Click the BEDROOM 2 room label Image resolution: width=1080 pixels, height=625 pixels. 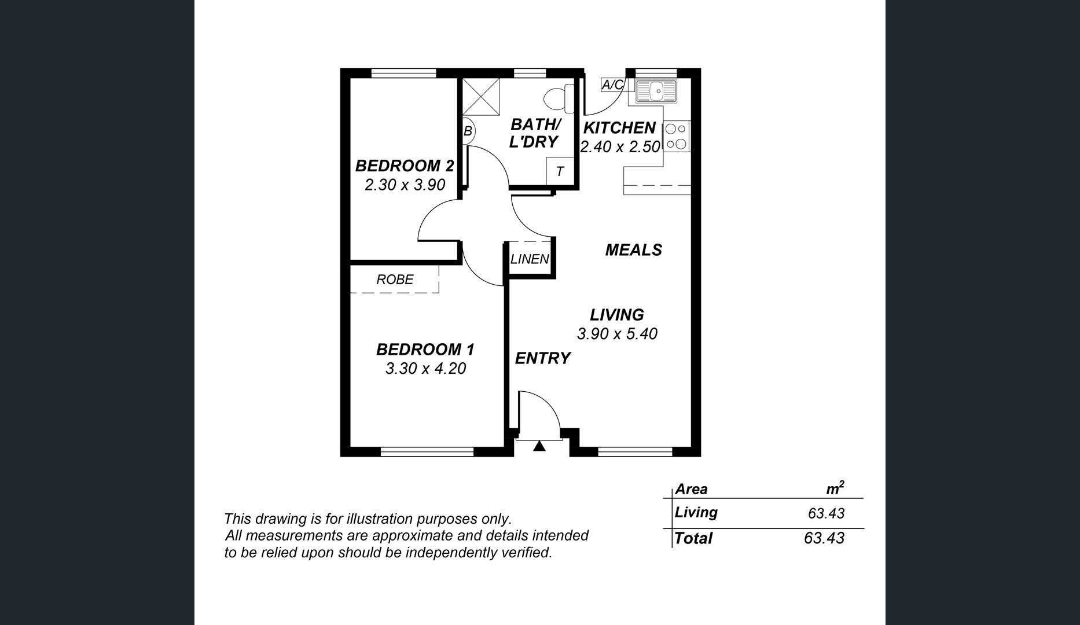point(405,166)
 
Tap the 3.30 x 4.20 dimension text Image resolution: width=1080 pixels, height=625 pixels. point(425,369)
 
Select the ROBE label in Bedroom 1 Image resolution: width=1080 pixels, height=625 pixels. point(395,280)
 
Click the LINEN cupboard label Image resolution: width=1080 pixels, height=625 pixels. point(530,259)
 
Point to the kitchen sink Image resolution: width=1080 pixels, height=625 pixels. point(656,91)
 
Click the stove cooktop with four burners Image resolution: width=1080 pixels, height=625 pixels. point(676,137)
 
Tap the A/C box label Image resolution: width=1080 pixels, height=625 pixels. point(613,85)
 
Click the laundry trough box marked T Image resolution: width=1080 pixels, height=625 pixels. point(560,171)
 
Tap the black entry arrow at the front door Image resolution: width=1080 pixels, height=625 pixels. point(539,446)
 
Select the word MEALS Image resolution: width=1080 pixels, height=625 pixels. point(634,250)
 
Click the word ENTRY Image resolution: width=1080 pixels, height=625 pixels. point(543,359)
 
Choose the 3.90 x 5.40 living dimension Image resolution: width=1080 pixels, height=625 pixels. point(617,334)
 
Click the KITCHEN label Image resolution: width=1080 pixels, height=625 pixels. point(619,128)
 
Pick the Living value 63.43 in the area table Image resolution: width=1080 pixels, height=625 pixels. point(826,513)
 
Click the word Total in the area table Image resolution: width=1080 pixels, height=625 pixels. point(693,538)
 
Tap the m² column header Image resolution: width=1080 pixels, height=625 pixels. point(835,488)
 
